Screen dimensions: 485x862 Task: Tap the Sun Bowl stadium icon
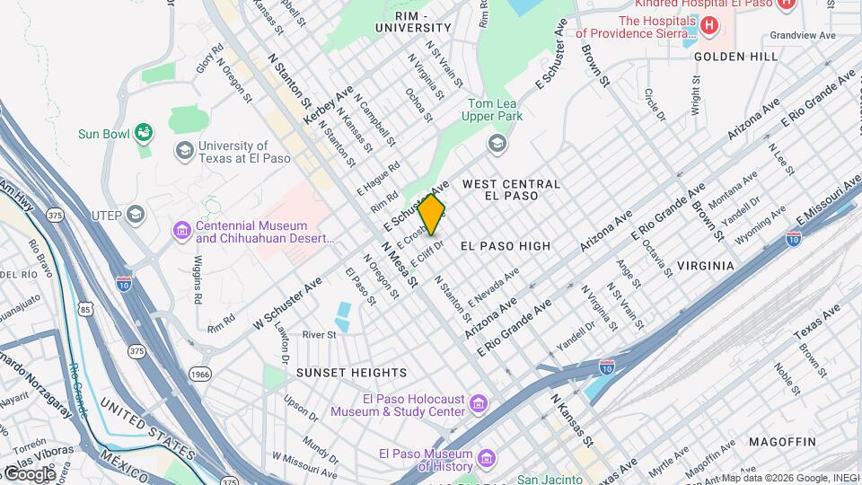(143, 133)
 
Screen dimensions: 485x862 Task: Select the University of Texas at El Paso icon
(184, 149)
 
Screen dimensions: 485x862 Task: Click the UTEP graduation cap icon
(136, 214)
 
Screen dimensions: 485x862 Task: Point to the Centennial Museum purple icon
(182, 232)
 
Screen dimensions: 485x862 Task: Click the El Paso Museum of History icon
(487, 460)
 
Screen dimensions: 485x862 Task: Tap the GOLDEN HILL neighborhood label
(735, 56)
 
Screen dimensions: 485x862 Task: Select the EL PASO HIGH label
(505, 245)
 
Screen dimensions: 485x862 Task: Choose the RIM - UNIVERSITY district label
(412, 22)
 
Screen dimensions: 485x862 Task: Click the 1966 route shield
(199, 373)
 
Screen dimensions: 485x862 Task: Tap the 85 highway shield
(85, 310)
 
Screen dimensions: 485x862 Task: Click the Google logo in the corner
(29, 473)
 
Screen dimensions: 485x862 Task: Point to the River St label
(319, 335)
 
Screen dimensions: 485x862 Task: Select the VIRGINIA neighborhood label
(705, 266)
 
